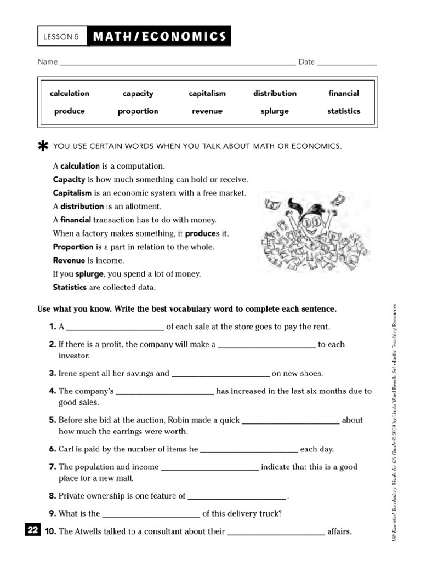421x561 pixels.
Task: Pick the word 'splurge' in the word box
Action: (275, 111)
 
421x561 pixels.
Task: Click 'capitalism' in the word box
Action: (207, 94)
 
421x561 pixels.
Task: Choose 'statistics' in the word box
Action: (344, 111)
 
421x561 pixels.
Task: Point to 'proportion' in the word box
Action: (138, 111)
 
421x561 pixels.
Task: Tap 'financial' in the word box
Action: (344, 94)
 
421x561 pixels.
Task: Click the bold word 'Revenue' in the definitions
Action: (69, 260)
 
